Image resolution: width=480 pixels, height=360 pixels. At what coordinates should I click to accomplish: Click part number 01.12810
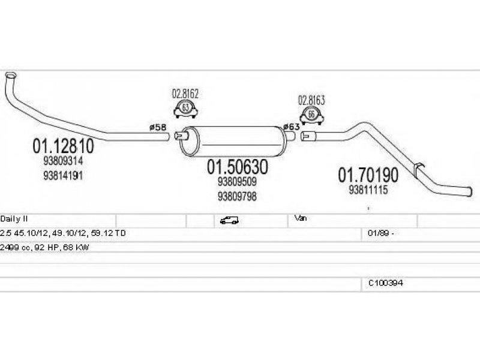[64, 146]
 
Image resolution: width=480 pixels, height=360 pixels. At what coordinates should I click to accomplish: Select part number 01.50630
[238, 167]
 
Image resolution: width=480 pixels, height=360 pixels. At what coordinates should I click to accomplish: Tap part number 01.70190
[368, 175]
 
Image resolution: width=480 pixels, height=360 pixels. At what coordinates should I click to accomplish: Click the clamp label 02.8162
[185, 94]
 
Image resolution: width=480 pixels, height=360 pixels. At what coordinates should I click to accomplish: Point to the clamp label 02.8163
[311, 100]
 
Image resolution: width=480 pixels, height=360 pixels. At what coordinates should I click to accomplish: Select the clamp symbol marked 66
[311, 115]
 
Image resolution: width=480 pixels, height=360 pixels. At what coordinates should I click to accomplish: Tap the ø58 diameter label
[158, 127]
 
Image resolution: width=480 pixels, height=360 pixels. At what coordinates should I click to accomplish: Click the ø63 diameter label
[291, 127]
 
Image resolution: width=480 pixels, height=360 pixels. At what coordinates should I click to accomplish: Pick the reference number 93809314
[63, 161]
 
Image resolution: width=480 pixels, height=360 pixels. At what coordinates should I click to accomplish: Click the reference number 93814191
[63, 175]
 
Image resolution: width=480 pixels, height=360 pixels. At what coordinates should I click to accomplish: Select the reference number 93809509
[237, 182]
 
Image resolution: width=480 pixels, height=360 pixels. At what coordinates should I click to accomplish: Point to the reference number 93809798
[237, 196]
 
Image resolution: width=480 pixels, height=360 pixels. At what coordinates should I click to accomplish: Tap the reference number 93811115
[368, 190]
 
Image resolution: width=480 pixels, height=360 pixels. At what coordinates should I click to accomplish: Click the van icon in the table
[229, 220]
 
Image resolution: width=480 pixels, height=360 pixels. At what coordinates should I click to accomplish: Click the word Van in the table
[301, 218]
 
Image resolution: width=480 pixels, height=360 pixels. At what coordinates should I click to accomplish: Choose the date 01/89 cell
[381, 233]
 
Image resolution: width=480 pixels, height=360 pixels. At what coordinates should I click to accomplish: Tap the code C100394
[385, 283]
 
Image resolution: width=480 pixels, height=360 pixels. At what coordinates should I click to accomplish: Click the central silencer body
[233, 141]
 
